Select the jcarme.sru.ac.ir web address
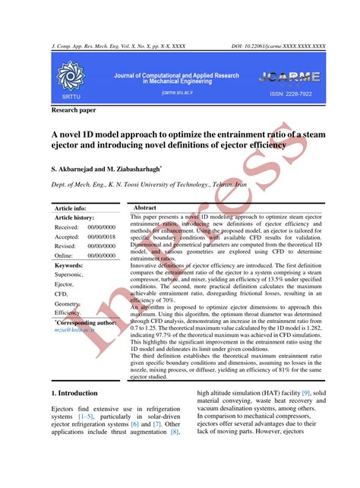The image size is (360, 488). (x=178, y=92)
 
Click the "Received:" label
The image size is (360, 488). (x=67, y=227)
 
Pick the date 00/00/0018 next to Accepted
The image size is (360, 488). (x=101, y=236)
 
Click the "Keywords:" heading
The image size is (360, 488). (x=69, y=265)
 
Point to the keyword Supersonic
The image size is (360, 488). (x=74, y=275)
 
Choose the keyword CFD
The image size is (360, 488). (x=62, y=293)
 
